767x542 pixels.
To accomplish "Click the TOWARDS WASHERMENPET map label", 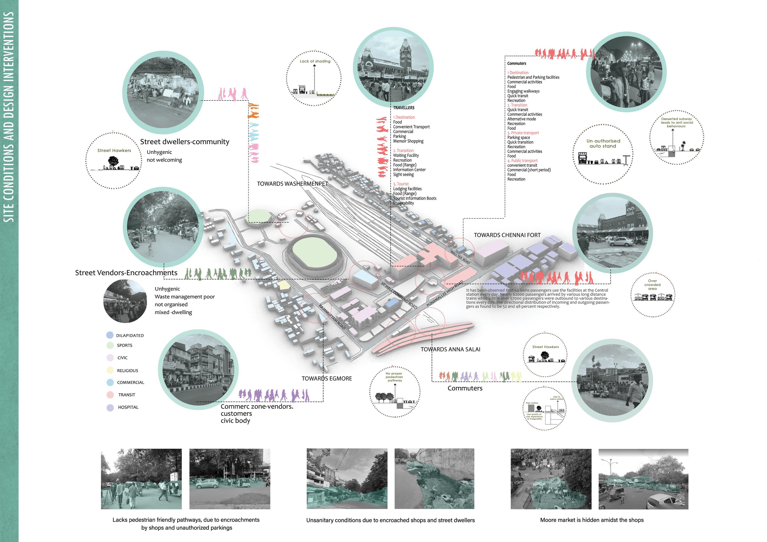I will click(x=292, y=184).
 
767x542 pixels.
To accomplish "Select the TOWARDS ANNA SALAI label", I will click(x=450, y=349).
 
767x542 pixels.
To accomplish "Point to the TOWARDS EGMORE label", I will click(x=326, y=378).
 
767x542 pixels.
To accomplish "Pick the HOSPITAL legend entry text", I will click(x=128, y=407).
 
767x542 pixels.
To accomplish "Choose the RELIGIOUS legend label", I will click(x=127, y=370).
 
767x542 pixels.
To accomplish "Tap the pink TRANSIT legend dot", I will click(x=110, y=395).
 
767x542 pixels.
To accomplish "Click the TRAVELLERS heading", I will click(x=404, y=108).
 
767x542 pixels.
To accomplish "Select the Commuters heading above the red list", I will click(x=517, y=63).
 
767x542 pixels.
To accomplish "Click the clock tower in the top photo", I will click(x=405, y=53).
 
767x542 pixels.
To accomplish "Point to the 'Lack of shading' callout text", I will click(x=315, y=61).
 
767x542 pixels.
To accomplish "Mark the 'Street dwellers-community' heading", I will click(x=184, y=142).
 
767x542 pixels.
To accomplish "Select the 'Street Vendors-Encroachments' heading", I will click(x=126, y=273).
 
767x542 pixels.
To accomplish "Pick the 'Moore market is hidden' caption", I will click(x=592, y=520).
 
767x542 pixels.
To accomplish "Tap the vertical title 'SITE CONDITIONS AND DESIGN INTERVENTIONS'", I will click(x=9, y=117).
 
